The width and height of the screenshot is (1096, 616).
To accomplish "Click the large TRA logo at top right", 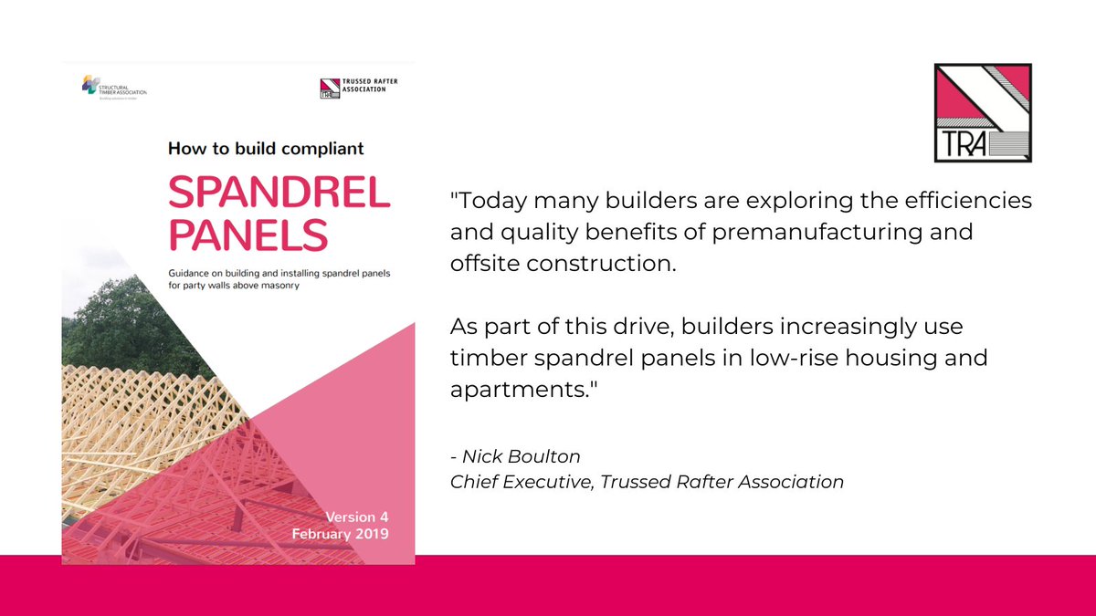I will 983,113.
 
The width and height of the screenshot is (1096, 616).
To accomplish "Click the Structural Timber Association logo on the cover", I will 113,89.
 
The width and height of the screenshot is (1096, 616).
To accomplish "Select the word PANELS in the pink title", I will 248,235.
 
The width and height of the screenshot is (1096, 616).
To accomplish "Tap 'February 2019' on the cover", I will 340,534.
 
